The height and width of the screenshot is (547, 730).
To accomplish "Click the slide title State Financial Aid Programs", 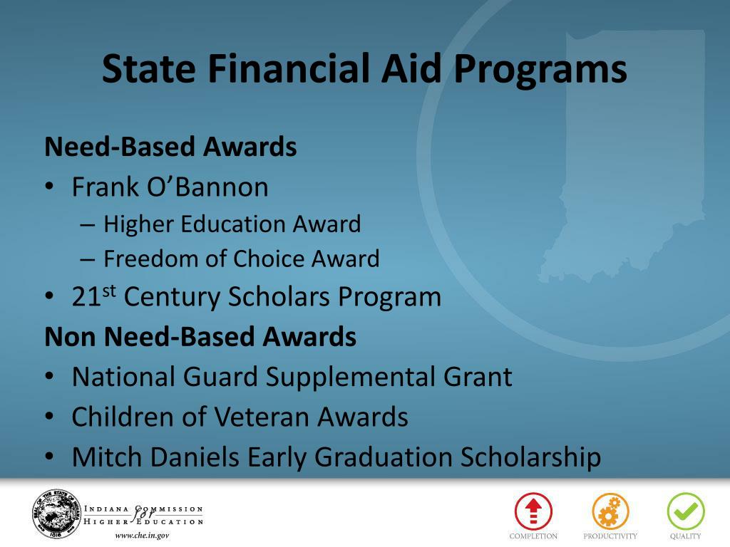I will coord(364,69).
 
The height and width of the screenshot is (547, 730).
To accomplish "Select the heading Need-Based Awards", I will coord(170,147).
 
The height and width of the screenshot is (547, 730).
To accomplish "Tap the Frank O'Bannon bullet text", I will coord(170,187).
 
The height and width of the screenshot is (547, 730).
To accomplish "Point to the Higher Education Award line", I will coord(232,224).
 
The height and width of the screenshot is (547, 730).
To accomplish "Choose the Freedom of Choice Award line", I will coord(241,259).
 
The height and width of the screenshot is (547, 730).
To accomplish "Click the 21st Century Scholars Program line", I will coord(256,296).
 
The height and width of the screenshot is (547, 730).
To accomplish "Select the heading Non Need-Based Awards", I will coord(200,336).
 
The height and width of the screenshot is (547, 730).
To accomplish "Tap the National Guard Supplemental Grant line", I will coord(292,376).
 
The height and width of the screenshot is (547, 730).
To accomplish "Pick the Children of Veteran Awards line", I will coord(240,417).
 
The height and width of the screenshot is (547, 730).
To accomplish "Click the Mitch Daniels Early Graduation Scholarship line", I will coord(336,457).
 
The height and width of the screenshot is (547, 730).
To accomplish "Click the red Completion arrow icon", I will coord(533,511).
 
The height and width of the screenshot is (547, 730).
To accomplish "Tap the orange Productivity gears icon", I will coord(610,511).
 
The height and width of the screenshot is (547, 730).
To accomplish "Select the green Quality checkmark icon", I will coord(685,511).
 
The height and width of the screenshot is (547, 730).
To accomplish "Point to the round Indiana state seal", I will coord(56,513).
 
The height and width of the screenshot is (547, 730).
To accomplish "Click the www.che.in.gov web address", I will coord(142,536).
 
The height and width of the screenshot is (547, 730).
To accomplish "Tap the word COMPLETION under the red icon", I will coord(533,536).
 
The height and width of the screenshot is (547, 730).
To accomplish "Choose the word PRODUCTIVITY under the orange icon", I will coord(610,536).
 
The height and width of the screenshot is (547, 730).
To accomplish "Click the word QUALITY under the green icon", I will coord(685,536).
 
